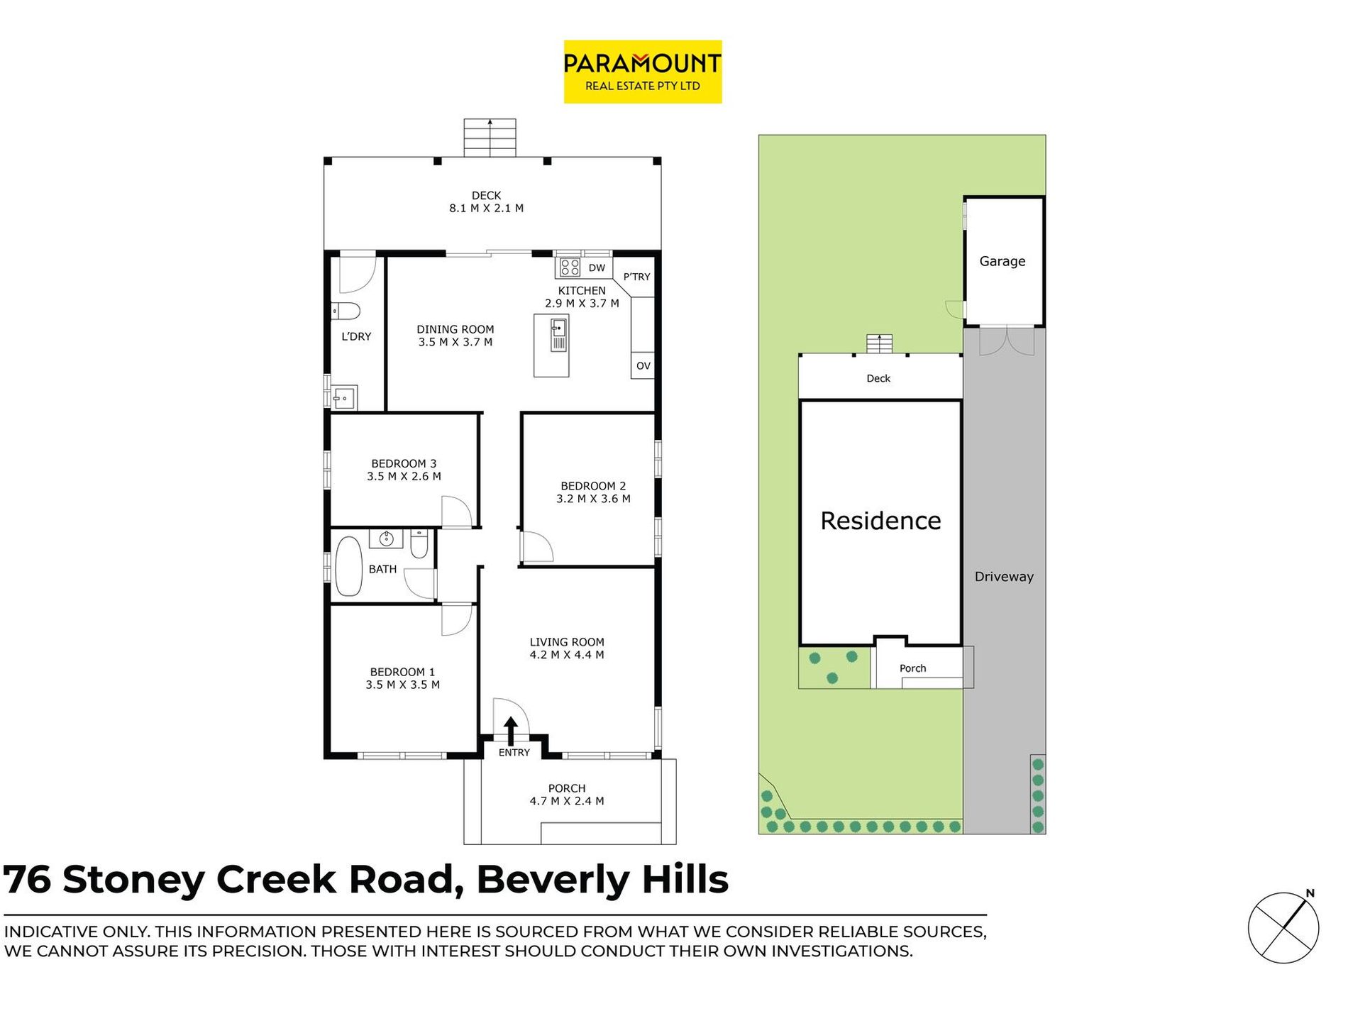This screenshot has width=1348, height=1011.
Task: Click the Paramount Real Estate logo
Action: pos(642,72)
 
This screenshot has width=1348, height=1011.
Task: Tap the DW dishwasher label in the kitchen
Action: pos(597,268)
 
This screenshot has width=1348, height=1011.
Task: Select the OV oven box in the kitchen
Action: pos(643,366)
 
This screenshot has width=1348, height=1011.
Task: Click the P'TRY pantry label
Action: pos(636,277)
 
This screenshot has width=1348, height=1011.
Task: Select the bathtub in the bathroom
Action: pos(348,566)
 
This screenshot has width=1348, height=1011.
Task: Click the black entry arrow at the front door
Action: pos(510,730)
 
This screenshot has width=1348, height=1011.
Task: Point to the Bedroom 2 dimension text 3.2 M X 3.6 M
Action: pos(593,499)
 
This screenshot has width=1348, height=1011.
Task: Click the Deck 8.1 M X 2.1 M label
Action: pos(486,202)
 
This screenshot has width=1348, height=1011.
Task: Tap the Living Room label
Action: pos(567,642)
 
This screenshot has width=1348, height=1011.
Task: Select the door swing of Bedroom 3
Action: pos(455,512)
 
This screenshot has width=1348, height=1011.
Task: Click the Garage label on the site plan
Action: pos(1002,261)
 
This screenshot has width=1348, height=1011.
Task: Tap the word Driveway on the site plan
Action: pos(1003,577)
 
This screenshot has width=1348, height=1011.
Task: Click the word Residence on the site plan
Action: pos(880,521)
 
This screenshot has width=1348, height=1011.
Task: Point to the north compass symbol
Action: pos(1283,927)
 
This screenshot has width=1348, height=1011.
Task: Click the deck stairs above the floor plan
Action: pos(490,138)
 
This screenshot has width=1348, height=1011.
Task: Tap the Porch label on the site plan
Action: pos(912,668)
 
